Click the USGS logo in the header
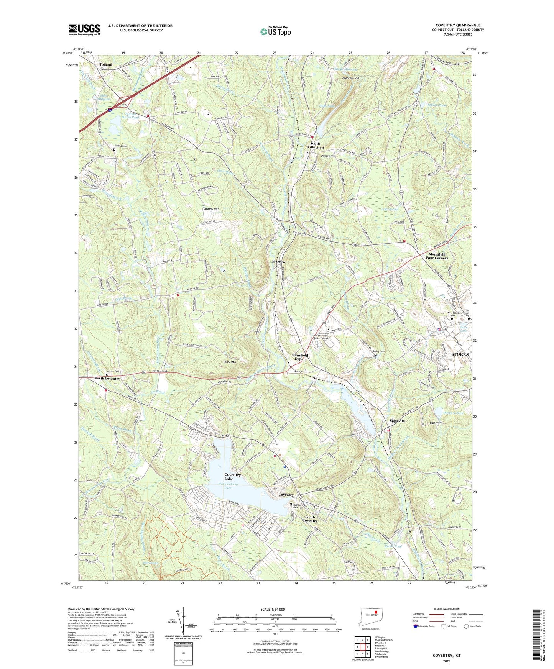point(84,30)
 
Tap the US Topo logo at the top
point(275,31)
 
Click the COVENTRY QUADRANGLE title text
point(458,25)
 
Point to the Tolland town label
point(106,64)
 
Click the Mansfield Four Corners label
point(437,256)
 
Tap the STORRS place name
point(460,354)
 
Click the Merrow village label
point(279,262)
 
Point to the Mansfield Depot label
point(300,357)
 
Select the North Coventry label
point(107,379)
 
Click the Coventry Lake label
point(232,477)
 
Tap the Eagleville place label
point(398,421)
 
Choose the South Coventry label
point(310,518)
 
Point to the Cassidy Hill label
point(210,209)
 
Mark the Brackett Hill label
point(350,78)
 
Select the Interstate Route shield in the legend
point(416,626)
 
